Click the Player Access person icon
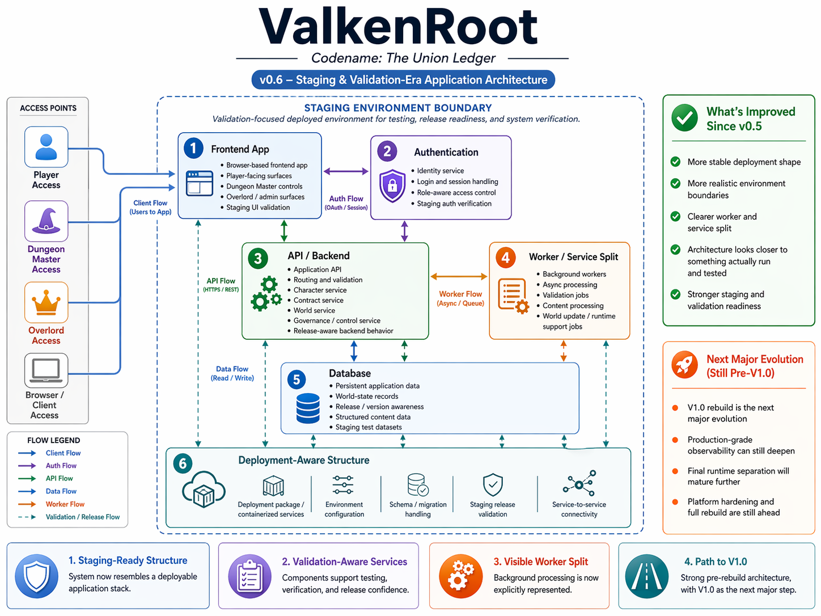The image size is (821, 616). [46, 147]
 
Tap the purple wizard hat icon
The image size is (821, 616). [46, 221]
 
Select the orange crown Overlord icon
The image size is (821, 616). [46, 302]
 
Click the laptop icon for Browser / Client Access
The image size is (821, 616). [46, 370]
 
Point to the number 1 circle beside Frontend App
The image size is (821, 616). [193, 149]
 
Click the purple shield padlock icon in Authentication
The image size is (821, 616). [392, 185]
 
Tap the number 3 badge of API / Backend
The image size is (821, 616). [258, 259]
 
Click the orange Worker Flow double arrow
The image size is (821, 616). [459, 276]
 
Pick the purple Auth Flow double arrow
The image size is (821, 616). [346, 171]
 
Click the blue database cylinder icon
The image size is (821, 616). [308, 408]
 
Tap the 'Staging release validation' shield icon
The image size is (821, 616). [493, 485]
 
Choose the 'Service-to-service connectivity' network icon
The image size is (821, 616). [579, 484]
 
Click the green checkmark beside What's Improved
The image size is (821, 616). [685, 117]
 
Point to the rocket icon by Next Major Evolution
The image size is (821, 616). [685, 365]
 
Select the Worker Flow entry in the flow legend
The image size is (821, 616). [65, 504]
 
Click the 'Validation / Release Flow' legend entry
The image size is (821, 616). [82, 517]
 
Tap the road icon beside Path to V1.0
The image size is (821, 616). [647, 576]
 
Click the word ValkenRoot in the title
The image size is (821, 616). [398, 27]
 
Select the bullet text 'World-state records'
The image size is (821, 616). [366, 396]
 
